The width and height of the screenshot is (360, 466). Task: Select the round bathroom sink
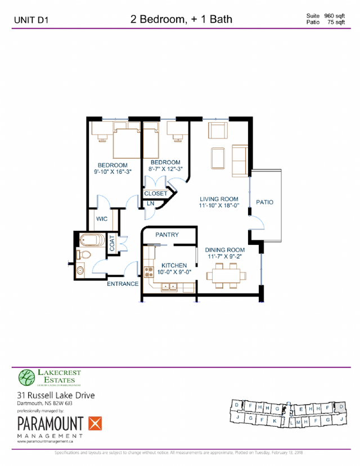click(x=79, y=270)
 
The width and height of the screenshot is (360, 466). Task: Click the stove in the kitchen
click(x=149, y=272)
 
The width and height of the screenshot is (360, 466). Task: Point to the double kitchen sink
click(x=168, y=287)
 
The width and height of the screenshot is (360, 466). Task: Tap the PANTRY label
click(x=167, y=235)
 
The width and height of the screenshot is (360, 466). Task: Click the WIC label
click(x=102, y=219)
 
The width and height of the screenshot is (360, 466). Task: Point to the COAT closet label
click(x=112, y=243)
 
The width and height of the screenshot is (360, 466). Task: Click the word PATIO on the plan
click(x=264, y=202)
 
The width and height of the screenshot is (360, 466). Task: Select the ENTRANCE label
click(x=123, y=284)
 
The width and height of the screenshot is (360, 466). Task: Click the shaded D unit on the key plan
click(x=341, y=407)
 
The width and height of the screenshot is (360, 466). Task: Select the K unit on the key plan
click(x=274, y=420)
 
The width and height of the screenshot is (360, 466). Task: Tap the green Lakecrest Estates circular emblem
click(x=26, y=377)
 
